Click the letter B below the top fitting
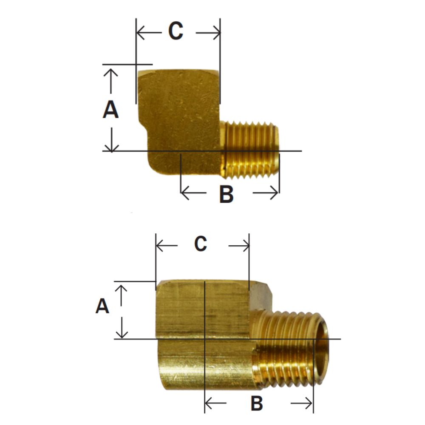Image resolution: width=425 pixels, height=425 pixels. pos(226,194)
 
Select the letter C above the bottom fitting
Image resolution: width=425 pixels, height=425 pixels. pos(201,244)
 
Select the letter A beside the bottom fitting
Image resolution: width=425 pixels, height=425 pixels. pos(102,306)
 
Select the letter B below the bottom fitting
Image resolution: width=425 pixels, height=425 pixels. pos(256,403)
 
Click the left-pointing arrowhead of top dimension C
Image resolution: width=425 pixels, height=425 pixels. pos(140,32)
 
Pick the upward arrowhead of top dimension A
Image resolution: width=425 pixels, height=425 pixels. pos(111,72)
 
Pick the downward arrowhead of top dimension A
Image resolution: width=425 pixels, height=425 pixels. pos(111,147)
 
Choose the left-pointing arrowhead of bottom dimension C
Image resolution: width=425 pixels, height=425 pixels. pos(161,246)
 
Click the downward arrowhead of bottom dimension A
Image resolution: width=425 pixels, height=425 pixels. pos(122,334)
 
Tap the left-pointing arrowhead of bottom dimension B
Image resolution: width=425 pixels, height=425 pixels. pos(209,402)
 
